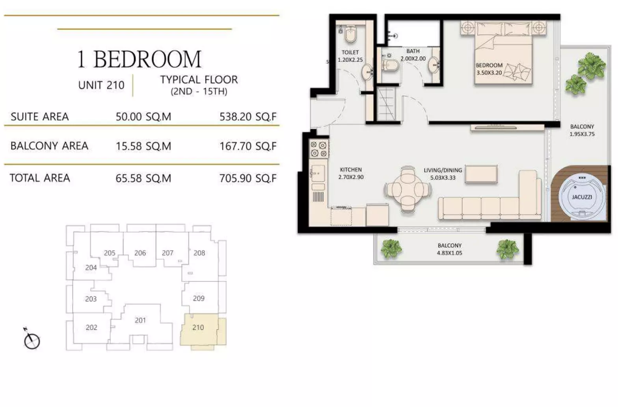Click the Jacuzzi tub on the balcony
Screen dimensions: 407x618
[581, 197]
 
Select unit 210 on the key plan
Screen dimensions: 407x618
[198, 327]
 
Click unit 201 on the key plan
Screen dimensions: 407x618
[140, 320]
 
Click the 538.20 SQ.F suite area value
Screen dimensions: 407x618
[248, 117]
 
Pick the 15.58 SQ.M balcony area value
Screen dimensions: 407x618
[143, 146]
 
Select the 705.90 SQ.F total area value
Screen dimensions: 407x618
[248, 178]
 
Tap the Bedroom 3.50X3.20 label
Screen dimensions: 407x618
[489, 69]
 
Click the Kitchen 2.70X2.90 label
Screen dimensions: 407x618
[351, 173]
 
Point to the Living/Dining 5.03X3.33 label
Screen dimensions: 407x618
[443, 174]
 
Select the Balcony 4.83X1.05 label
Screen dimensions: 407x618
[449, 249]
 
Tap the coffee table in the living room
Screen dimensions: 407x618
[481, 174]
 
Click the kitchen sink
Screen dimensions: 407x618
[318, 172]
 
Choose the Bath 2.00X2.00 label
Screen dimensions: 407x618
[413, 55]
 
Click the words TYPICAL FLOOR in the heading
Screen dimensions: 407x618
[199, 80]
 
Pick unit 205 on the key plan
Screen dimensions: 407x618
[110, 253]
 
